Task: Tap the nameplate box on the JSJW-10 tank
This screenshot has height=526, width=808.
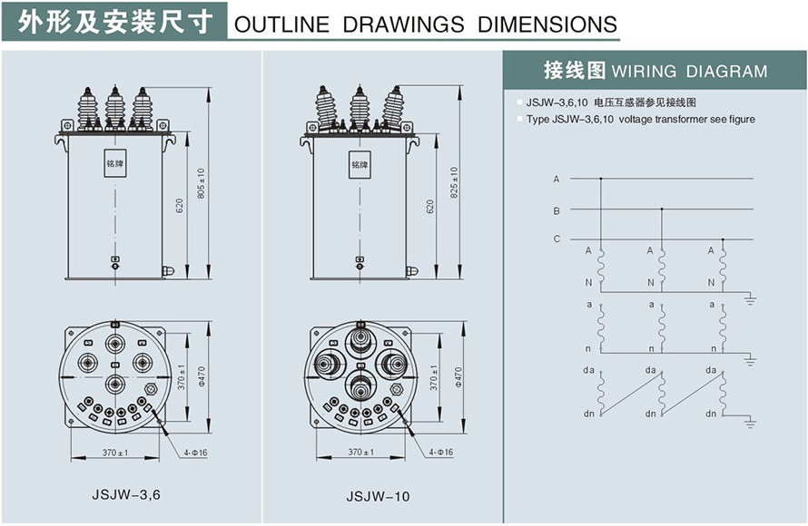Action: point(360,165)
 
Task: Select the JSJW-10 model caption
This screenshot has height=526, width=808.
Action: point(378,496)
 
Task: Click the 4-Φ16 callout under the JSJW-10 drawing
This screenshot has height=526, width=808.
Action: point(441,452)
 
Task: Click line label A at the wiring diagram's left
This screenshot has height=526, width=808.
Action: point(557,179)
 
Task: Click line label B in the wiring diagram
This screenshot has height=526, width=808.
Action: point(557,210)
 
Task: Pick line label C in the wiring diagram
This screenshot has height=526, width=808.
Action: point(557,239)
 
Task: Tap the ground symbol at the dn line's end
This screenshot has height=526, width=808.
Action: point(750,421)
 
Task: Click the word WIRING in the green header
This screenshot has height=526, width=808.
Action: point(648,72)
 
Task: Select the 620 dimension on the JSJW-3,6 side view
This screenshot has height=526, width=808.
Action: point(180,206)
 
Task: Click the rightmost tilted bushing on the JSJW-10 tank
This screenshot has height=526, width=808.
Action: point(394,107)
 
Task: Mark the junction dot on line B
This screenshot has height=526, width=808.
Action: point(661,209)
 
